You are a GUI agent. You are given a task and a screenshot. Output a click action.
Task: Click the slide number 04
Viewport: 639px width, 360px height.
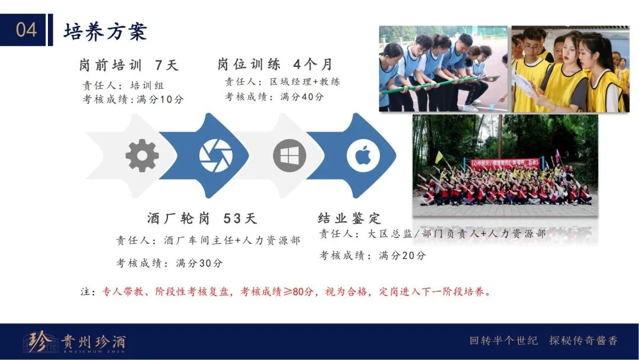click(x=27, y=30)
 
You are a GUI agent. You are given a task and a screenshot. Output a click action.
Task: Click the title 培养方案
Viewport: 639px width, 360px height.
click(x=105, y=31)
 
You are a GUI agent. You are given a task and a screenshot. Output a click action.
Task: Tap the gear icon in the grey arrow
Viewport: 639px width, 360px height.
click(x=142, y=155)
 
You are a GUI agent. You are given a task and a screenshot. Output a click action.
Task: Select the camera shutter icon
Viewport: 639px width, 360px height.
click(x=215, y=155)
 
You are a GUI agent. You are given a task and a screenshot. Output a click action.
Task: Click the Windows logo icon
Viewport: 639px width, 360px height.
click(x=289, y=155)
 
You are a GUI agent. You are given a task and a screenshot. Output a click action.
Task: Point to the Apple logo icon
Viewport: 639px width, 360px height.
click(x=363, y=155)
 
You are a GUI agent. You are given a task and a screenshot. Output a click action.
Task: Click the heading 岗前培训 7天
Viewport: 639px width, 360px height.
click(x=129, y=65)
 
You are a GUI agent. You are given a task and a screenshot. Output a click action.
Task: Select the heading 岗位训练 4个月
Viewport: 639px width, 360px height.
click(x=275, y=64)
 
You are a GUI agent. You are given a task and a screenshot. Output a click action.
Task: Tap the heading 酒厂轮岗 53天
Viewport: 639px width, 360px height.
click(x=202, y=218)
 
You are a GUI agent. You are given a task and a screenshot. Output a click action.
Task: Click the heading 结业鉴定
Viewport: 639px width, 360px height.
click(x=349, y=218)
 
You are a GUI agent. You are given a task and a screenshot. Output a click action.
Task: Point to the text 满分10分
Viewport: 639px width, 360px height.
click(x=160, y=99)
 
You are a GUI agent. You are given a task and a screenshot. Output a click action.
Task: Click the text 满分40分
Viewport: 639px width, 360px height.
click(x=302, y=97)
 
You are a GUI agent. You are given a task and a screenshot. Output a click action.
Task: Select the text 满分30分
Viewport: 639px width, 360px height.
click(x=199, y=263)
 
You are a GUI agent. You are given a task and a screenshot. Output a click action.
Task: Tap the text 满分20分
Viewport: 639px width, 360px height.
click(x=402, y=256)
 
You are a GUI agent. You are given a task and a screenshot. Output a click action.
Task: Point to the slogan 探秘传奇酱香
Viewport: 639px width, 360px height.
click(x=583, y=340)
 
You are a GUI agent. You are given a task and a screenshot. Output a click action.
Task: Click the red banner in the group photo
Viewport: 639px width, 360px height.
click(x=505, y=163)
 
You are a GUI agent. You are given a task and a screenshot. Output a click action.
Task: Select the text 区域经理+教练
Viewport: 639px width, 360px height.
click(x=305, y=82)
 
